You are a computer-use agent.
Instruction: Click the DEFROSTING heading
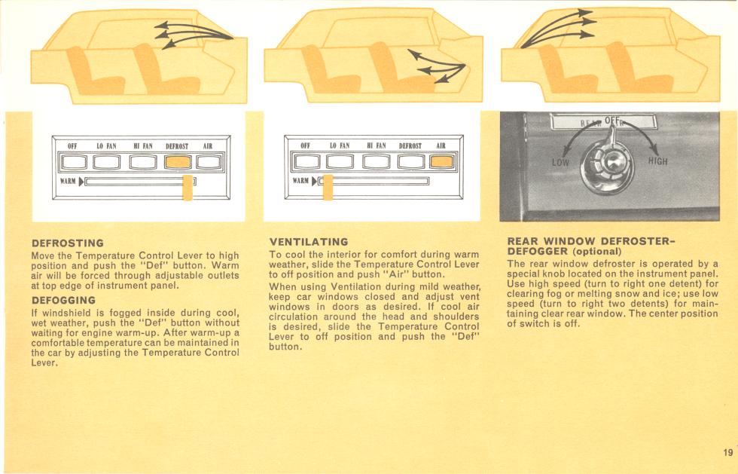[68, 243]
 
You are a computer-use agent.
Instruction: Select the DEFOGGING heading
[63, 300]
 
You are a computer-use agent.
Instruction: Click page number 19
[727, 452]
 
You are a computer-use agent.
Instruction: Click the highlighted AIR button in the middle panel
[442, 161]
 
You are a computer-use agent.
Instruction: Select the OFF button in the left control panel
[75, 162]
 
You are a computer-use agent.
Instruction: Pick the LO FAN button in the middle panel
[340, 161]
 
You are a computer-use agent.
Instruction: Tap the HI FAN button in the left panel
[143, 162]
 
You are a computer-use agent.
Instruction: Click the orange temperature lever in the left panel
[188, 187]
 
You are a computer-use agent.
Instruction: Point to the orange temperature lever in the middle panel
[328, 187]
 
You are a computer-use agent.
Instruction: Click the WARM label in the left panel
[68, 181]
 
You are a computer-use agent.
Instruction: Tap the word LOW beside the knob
[560, 163]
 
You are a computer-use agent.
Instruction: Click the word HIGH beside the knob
[657, 161]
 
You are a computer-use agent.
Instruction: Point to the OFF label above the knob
[611, 121]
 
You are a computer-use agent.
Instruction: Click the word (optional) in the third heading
[596, 251]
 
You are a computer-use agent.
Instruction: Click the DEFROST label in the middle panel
[410, 145]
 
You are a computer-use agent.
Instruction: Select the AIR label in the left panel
[208, 146]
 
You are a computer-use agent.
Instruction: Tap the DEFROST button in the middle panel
[411, 161]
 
